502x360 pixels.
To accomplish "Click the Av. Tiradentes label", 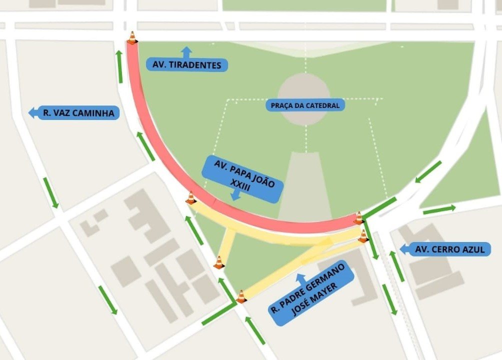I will [x=187, y=65].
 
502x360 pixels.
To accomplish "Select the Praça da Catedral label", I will [x=305, y=105].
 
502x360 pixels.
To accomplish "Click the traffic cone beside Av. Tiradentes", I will [x=132, y=38].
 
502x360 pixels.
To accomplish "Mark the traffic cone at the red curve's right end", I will [x=358, y=217].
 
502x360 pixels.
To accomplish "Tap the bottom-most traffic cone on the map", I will [x=241, y=296].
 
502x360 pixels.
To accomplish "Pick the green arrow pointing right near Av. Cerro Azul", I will [x=439, y=209].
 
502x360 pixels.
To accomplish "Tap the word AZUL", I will [x=471, y=249].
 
